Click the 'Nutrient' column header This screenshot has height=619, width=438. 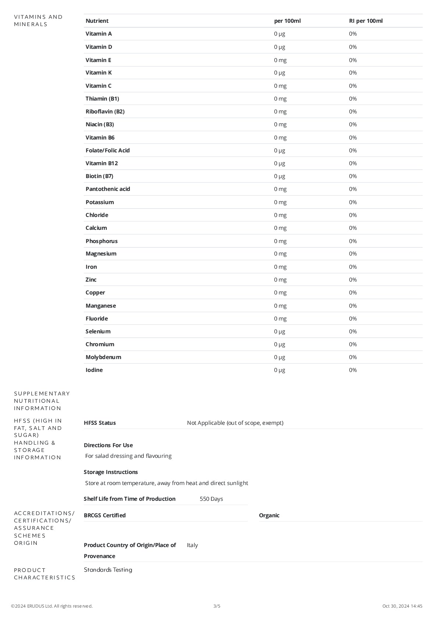(x=97, y=21)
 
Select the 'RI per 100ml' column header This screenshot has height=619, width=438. (x=366, y=21)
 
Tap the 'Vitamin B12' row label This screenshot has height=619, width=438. (x=102, y=163)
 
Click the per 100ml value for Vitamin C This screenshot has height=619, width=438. (x=280, y=86)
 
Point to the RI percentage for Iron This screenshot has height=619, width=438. (x=353, y=267)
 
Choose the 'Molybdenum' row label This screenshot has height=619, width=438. (x=103, y=357)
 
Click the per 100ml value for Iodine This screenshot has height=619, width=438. (x=279, y=370)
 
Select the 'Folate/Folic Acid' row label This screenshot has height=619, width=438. (x=108, y=151)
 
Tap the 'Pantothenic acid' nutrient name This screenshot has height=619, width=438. (x=108, y=189)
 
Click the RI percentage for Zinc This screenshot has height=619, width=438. (x=353, y=280)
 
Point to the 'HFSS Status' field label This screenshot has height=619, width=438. (x=100, y=423)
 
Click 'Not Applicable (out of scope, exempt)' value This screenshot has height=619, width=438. (x=235, y=423)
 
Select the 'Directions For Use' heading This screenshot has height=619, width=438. (x=108, y=445)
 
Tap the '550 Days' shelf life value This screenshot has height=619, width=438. (x=211, y=499)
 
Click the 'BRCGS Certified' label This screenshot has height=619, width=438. (x=105, y=515)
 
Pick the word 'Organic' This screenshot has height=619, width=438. (x=269, y=515)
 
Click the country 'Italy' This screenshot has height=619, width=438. (x=192, y=545)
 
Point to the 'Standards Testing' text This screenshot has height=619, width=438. (x=108, y=570)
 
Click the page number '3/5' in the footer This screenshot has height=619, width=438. (x=217, y=606)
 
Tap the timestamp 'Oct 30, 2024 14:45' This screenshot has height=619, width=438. (x=402, y=606)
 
